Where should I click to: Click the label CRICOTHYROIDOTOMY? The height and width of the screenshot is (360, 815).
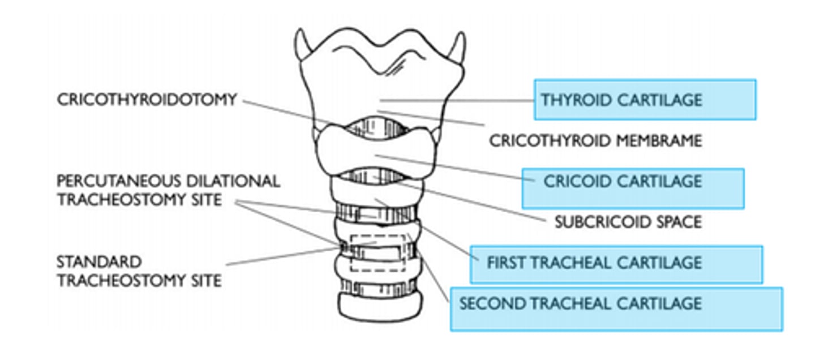click(x=146, y=100)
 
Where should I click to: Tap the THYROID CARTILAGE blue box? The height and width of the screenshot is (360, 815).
click(x=645, y=100)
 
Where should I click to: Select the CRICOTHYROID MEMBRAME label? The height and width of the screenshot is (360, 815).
click(x=595, y=140)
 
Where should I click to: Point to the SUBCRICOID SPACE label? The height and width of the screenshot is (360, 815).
click(x=628, y=221)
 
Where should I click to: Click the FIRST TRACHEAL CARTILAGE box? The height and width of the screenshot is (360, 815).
click(x=616, y=264)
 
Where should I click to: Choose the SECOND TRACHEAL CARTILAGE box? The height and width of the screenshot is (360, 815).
click(x=616, y=308)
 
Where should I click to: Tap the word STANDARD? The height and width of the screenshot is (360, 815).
click(x=98, y=262)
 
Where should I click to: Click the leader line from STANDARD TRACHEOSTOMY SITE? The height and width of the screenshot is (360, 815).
click(x=283, y=256)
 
